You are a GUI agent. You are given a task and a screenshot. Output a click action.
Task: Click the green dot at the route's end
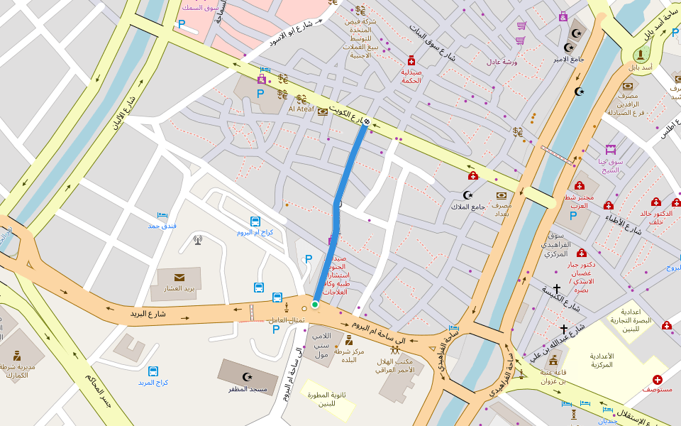(x=315, y=305)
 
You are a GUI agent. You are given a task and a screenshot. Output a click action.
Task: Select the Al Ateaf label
(x=301, y=109)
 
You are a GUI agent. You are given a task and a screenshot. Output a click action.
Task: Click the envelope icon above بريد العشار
(x=179, y=277)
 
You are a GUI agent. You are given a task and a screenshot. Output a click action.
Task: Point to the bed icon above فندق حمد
(x=162, y=214)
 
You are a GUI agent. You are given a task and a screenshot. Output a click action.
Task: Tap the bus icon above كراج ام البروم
(x=255, y=222)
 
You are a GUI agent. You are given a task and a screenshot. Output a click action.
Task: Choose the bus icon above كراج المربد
(x=153, y=371)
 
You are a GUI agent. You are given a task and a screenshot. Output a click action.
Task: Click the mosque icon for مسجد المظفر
(x=247, y=376)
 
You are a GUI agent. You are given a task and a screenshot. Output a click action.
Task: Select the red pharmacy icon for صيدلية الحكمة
(x=411, y=61)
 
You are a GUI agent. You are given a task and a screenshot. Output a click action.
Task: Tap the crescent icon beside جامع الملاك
(x=467, y=195)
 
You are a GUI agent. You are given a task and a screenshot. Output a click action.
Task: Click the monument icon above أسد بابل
(x=641, y=54)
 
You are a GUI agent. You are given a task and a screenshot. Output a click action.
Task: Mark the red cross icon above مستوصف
(x=658, y=380)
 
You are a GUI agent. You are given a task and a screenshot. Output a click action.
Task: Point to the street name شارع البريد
(x=148, y=313)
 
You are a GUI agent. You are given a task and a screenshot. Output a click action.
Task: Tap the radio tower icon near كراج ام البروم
(x=198, y=240)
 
